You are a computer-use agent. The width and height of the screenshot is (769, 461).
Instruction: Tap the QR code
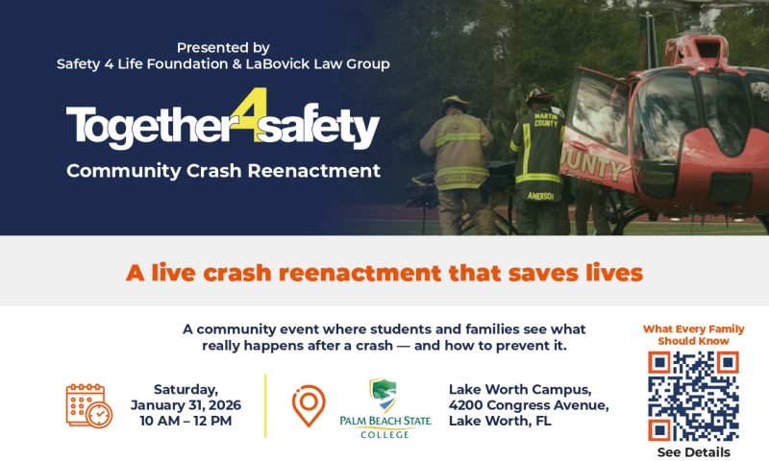click(x=693, y=396)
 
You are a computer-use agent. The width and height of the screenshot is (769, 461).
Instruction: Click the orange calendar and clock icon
click(x=88, y=405)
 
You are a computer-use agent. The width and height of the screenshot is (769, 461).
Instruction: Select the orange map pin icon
click(x=309, y=405)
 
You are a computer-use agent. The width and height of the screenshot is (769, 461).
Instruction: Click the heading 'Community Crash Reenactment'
click(x=223, y=172)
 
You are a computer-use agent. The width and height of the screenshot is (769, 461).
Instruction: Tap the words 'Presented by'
click(x=223, y=47)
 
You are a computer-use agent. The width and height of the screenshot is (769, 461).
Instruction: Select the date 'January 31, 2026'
click(x=186, y=404)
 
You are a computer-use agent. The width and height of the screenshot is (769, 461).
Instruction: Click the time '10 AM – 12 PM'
click(x=186, y=421)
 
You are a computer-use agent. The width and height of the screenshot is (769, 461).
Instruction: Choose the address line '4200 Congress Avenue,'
click(x=529, y=404)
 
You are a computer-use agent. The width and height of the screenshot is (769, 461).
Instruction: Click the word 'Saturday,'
click(x=186, y=389)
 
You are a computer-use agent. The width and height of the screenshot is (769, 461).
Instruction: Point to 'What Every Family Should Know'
click(x=693, y=334)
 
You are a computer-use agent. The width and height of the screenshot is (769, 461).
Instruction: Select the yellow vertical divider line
click(x=264, y=405)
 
